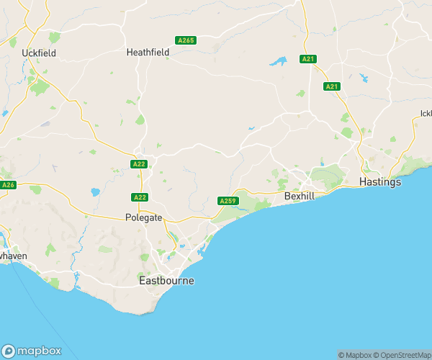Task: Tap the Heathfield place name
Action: click(147, 53)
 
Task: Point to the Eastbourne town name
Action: click(166, 281)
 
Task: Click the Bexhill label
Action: click(300, 195)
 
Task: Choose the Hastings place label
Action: click(379, 182)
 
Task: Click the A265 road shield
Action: click(185, 40)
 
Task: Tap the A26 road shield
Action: click(8, 185)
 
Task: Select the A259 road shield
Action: click(228, 201)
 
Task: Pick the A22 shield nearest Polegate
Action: click(140, 197)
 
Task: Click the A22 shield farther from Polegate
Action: click(140, 165)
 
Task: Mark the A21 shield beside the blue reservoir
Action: click(308, 58)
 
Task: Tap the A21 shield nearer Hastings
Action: click(331, 86)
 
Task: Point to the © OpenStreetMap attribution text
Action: click(402, 355)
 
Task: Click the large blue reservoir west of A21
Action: click(278, 62)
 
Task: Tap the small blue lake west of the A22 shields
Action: click(95, 193)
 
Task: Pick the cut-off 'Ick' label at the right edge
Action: click(426, 113)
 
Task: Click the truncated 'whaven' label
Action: click(13, 256)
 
